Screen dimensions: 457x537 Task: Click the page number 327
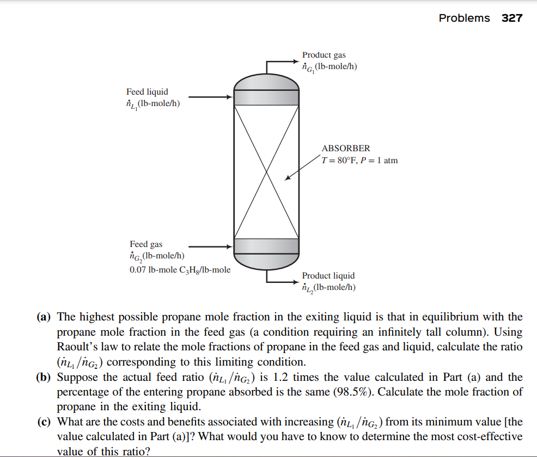click(512, 18)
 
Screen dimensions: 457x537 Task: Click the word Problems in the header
click(464, 18)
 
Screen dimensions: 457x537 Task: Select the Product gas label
click(324, 55)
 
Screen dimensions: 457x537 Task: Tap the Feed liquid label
click(147, 92)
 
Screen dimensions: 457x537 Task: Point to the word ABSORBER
click(346, 148)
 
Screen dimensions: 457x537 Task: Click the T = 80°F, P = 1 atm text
click(359, 160)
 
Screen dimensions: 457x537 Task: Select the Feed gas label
click(146, 244)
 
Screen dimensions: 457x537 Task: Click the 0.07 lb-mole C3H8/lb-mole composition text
click(180, 269)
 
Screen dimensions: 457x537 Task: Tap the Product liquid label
click(328, 276)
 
